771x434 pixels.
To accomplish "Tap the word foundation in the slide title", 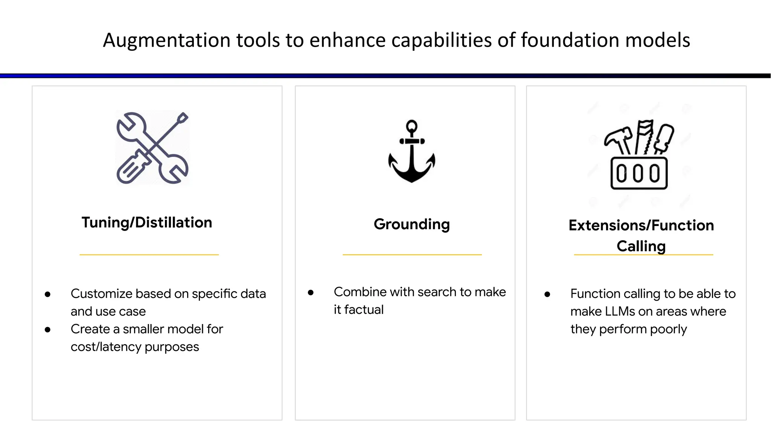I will pos(570,40).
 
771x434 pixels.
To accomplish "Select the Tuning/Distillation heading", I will pos(147,223).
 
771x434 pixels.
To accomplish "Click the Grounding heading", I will pos(411,224).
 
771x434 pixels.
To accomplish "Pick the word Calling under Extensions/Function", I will pos(641,246).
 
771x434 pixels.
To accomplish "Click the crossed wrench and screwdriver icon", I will pos(152,148).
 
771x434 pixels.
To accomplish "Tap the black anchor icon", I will pos(412,153).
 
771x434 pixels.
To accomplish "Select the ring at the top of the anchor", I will pos(412,126).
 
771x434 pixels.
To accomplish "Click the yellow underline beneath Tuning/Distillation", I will pos(149,255).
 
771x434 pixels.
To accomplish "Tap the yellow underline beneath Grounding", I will pos(412,255).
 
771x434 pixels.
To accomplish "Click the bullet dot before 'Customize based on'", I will pos(47,294).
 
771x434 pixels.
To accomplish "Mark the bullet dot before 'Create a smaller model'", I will pos(47,330).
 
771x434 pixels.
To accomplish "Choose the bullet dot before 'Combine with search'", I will pos(311,292).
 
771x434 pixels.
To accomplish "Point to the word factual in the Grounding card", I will pos(364,310).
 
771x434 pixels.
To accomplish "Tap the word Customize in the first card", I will pos(101,294).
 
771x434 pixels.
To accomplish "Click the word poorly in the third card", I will pos(668,329).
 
